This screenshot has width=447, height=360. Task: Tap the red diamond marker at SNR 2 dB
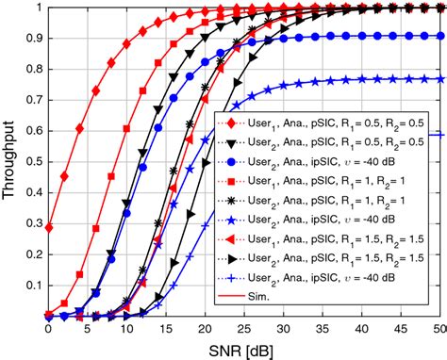coord(64,176)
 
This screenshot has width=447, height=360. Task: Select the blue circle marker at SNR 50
coord(441,37)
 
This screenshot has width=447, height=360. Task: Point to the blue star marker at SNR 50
coord(441,78)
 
